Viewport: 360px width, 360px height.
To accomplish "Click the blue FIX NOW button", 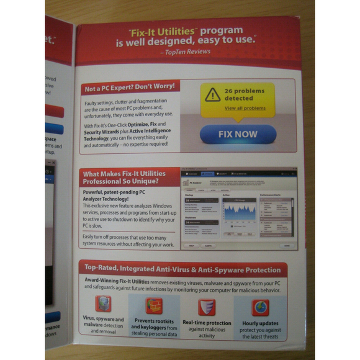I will pyautogui.click(x=238, y=133).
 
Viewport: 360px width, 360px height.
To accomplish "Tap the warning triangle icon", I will pyautogui.click(x=213, y=94).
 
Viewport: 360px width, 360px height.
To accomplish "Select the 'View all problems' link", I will pyautogui.click(x=245, y=108).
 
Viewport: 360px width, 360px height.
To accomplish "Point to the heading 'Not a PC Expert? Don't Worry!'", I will pyautogui.click(x=129, y=86).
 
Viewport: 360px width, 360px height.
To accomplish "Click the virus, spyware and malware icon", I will pyautogui.click(x=103, y=304).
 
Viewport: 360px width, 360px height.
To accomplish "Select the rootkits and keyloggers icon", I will pyautogui.click(x=153, y=305).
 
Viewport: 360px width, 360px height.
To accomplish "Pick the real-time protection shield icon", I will pyautogui.click(x=207, y=307).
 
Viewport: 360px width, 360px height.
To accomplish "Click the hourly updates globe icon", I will pyautogui.click(x=260, y=307).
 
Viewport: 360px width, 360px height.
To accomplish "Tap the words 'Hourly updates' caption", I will pyautogui.click(x=260, y=323).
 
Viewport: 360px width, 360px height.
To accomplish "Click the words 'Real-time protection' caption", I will pyautogui.click(x=207, y=323).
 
